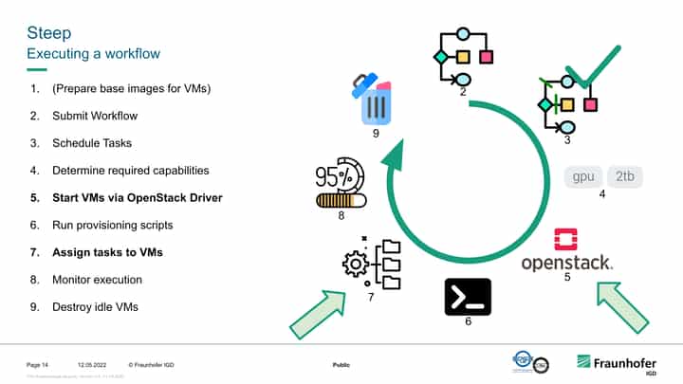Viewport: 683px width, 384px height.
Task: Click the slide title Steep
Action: click(x=49, y=33)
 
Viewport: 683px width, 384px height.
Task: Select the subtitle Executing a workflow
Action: click(x=93, y=53)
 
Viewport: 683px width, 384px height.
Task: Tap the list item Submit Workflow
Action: click(x=95, y=116)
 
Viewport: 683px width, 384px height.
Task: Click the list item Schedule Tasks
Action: click(x=92, y=143)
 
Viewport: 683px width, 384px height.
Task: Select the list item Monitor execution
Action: click(x=97, y=280)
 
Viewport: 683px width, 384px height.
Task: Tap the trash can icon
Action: click(x=376, y=99)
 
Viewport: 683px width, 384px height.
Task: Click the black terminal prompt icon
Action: click(x=468, y=296)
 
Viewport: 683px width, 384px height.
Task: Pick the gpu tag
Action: click(x=584, y=176)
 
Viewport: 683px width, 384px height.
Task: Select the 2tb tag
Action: click(x=625, y=176)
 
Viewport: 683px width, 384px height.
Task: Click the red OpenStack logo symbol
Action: click(x=565, y=237)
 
